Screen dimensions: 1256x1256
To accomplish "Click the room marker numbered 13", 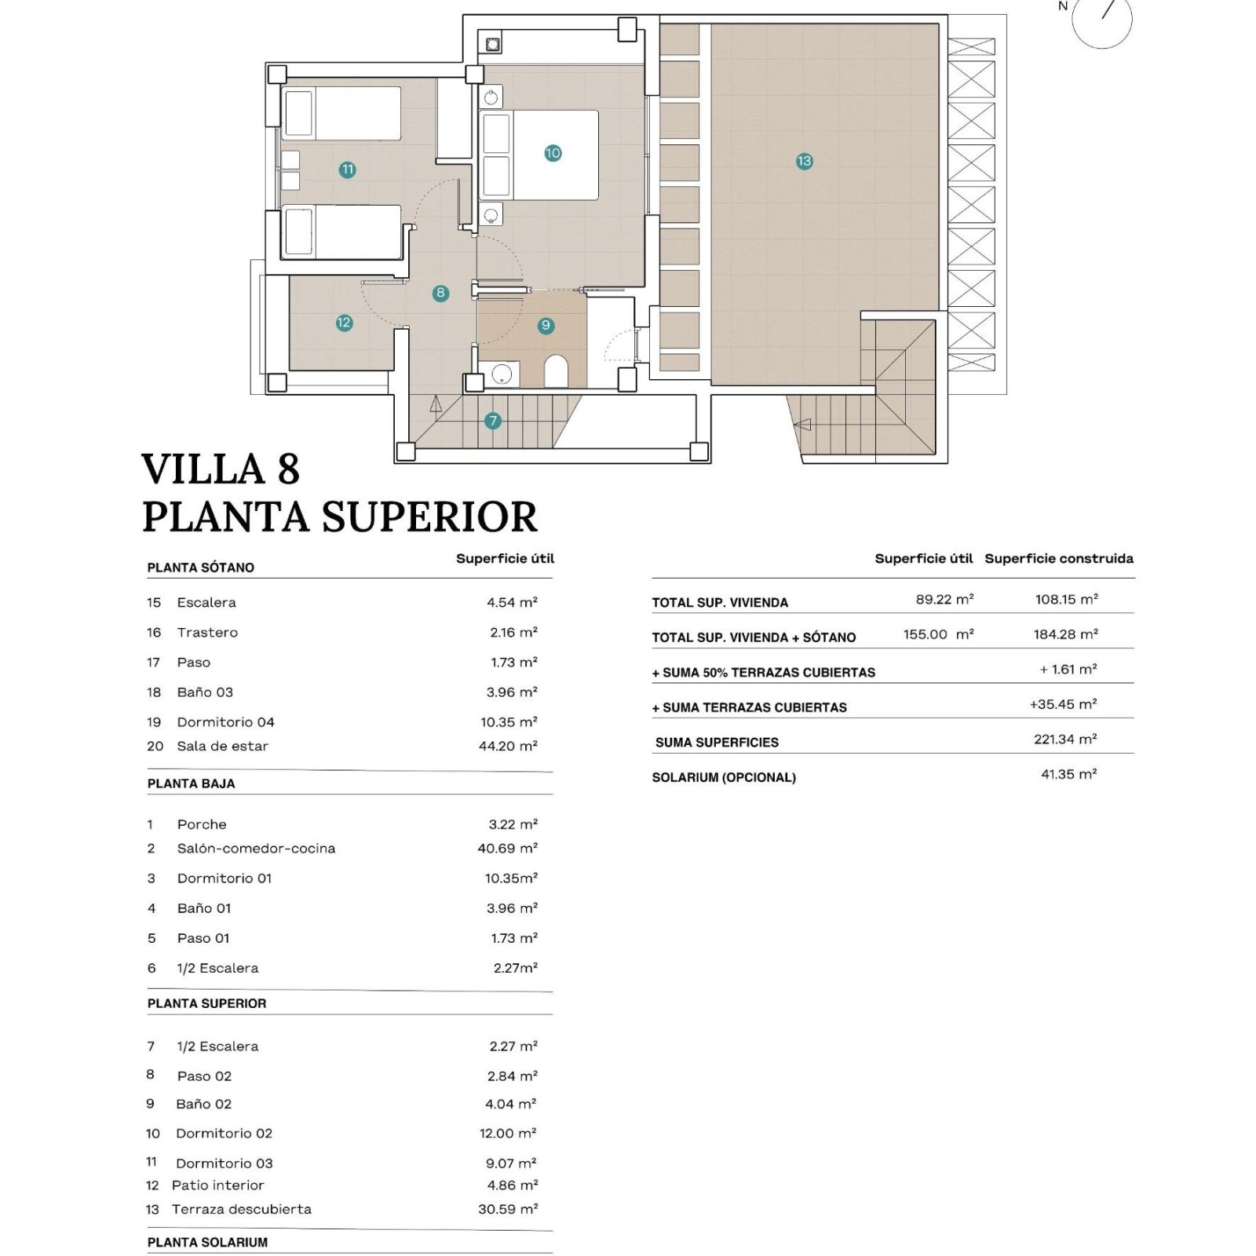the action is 804,161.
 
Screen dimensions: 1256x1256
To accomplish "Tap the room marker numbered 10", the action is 553,153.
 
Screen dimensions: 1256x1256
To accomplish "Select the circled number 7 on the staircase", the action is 493,421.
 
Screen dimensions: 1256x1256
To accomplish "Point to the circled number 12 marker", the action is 344,323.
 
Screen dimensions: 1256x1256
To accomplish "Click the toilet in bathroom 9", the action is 556,371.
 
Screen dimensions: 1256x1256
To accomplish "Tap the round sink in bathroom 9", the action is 502,374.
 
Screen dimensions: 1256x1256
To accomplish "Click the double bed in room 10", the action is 539,155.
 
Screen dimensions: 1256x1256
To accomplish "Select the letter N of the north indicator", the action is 1063,6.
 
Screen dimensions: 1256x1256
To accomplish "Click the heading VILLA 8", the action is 221,469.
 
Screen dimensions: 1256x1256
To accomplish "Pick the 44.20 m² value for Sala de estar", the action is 508,746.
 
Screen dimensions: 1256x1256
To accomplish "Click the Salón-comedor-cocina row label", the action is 256,848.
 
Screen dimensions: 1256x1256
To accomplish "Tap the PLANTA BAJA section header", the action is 191,783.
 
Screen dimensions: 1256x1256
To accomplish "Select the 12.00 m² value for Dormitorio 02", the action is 508,1133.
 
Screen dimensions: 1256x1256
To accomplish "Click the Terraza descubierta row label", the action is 242,1209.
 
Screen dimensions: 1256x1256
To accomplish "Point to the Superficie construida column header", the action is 1059,558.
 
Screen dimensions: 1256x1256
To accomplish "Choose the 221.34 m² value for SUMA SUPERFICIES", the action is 1065,739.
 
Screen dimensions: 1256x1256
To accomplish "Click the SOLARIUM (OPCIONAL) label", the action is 724,777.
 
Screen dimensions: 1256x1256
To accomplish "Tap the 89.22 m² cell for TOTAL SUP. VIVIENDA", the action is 944,599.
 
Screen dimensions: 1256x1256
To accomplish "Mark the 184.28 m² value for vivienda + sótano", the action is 1065,634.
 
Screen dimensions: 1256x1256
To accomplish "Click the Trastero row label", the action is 207,632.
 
